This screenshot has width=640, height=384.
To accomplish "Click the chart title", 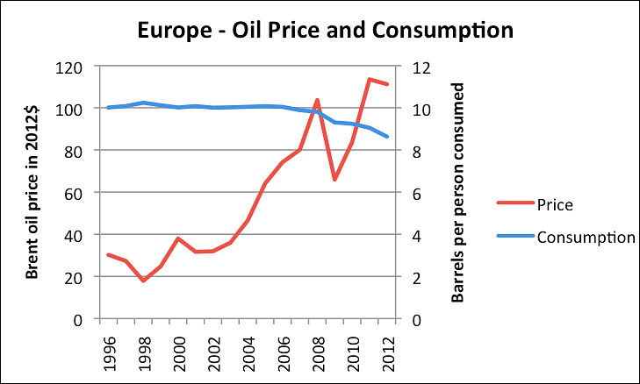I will click(325, 30).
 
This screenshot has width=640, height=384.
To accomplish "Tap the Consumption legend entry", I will click(585, 238).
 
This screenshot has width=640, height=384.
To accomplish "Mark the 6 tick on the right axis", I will click(421, 193).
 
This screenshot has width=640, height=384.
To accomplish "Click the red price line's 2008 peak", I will click(316, 100).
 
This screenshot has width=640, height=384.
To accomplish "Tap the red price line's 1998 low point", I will click(142, 281).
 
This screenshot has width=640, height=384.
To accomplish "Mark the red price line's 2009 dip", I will click(334, 180).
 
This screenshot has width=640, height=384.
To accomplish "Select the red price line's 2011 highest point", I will click(370, 80).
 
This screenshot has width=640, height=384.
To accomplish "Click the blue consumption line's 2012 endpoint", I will click(387, 137).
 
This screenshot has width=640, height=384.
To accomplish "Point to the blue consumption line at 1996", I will click(107, 108).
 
